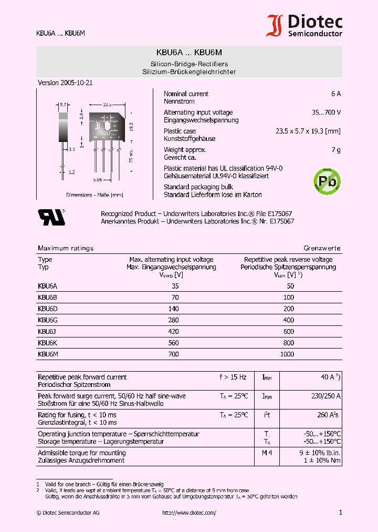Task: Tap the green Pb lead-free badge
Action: [326, 180]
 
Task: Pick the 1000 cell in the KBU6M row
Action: [287, 354]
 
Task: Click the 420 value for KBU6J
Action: [173, 332]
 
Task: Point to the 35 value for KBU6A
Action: [175, 286]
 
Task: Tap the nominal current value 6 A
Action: [335, 94]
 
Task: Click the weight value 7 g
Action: [336, 150]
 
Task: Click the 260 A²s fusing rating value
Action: [327, 415]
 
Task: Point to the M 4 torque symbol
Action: [267, 453]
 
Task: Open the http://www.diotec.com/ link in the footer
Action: [189, 513]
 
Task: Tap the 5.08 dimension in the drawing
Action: [98, 180]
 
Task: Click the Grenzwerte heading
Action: [322, 248]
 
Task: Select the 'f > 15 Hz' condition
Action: [233, 377]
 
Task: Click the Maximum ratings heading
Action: [66, 248]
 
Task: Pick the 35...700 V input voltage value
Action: [325, 112]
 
